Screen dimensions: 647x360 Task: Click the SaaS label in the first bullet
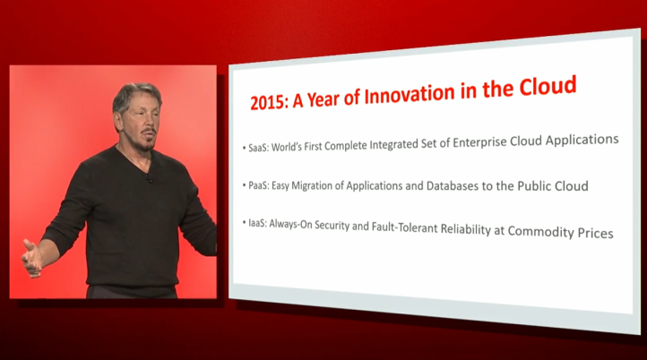point(258,148)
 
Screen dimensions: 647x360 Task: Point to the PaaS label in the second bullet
point(259,185)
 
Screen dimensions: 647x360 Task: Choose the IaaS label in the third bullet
point(257,224)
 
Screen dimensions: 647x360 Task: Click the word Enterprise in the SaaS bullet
point(480,142)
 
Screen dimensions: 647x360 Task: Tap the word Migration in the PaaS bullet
point(311,186)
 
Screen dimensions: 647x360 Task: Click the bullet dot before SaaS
point(245,147)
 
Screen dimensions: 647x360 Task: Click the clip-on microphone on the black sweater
point(149,179)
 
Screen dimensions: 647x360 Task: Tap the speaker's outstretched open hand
point(31,258)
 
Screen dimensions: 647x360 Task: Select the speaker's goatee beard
point(146,141)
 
